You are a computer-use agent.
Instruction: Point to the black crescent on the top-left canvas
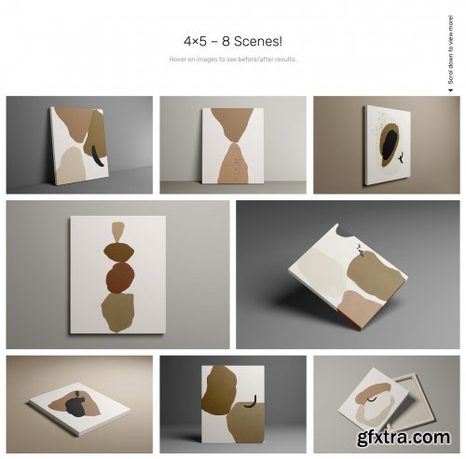96,150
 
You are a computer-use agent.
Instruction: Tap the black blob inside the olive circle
385,143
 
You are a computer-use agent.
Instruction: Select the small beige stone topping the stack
116,230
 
